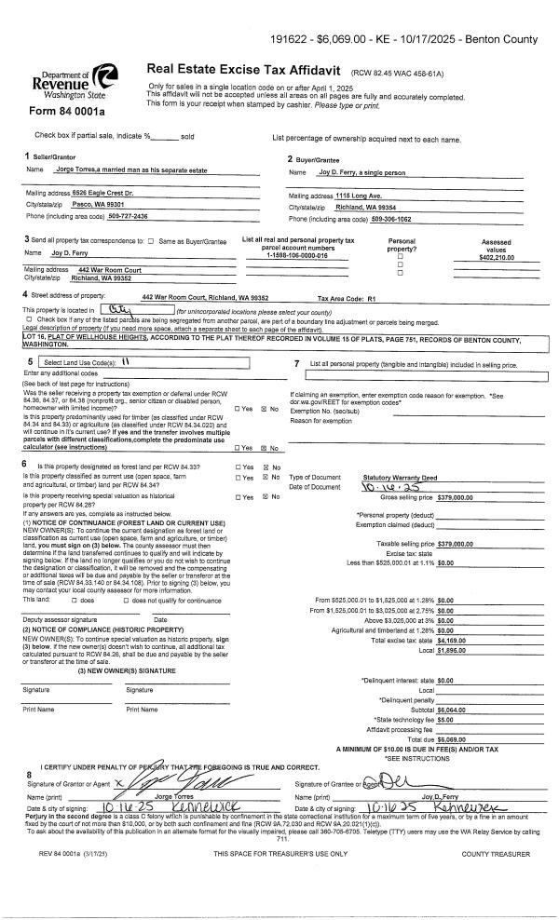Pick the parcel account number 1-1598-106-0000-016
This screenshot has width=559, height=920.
297,255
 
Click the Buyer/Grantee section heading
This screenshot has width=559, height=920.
313,158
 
